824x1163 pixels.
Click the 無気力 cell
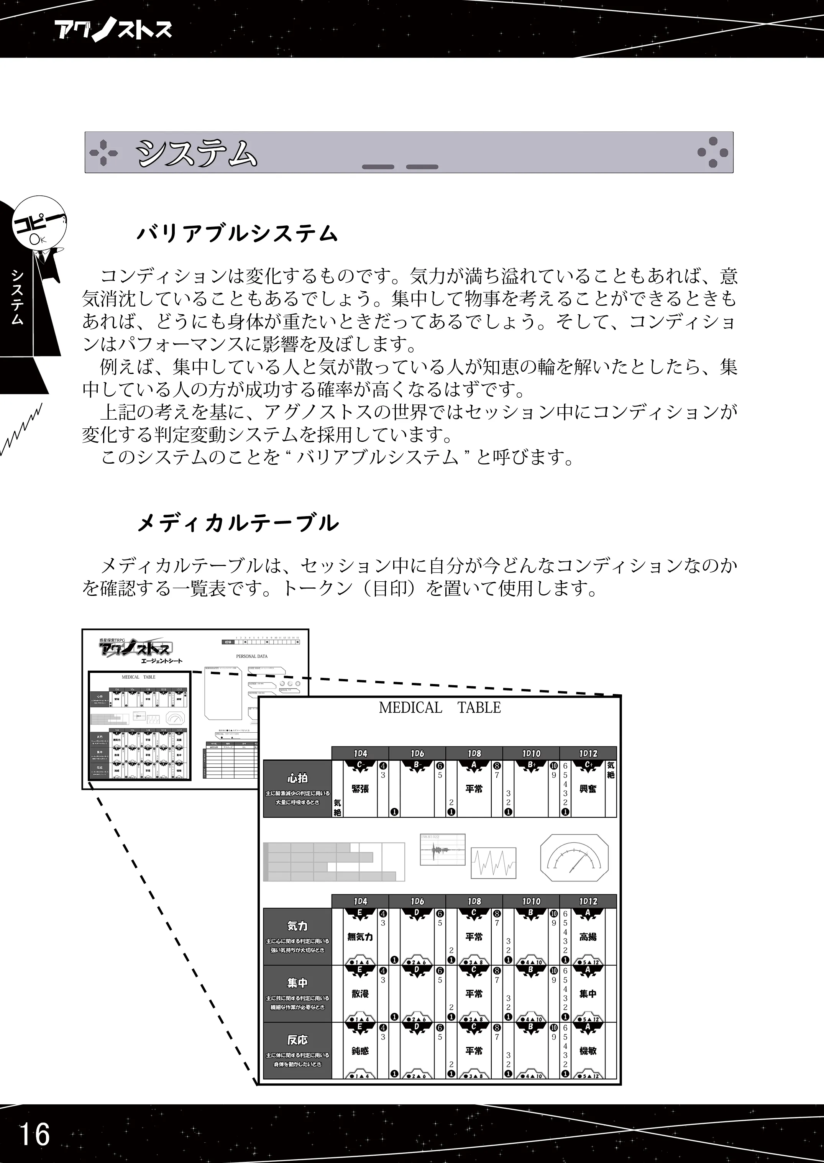[360, 937]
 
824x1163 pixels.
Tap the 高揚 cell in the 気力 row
[588, 937]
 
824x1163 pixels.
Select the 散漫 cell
[360, 994]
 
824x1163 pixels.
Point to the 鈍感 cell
[360, 1051]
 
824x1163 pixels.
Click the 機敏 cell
[588, 1051]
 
